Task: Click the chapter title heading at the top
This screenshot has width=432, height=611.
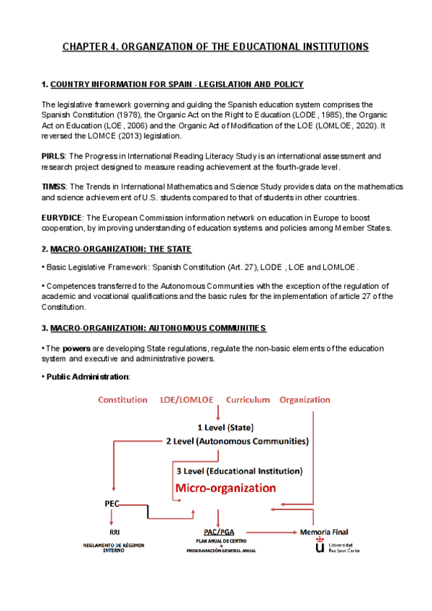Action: point(215,47)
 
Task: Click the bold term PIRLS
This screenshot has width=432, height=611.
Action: point(54,156)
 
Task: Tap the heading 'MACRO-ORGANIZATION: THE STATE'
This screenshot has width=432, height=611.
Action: point(121,249)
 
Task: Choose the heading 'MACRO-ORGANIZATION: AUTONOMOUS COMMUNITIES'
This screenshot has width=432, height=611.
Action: point(158,328)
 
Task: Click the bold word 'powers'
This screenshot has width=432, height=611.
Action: point(76,348)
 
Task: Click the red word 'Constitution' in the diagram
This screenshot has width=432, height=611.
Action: point(122,400)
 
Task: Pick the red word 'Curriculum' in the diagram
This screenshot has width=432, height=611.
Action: point(248,400)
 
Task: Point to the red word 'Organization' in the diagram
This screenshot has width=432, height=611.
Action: point(305,400)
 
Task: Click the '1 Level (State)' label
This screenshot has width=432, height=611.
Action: point(225,427)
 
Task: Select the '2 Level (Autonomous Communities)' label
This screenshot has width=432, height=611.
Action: point(237,440)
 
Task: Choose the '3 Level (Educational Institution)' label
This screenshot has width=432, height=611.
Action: point(240,470)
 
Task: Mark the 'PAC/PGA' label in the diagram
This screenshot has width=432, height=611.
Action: point(217,532)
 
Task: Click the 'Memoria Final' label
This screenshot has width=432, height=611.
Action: point(324,532)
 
